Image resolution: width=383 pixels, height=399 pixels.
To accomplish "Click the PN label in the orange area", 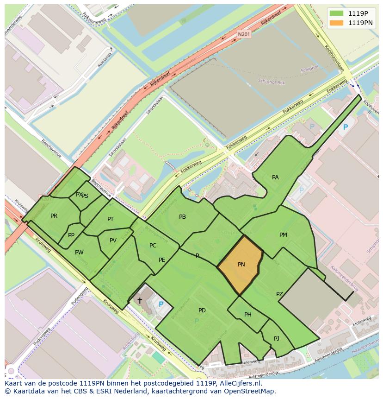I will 241,265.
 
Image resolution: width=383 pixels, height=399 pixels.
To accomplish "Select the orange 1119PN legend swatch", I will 337,23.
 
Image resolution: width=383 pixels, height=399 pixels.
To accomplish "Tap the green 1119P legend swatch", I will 337,13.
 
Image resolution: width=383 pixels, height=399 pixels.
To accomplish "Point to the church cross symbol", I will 140,301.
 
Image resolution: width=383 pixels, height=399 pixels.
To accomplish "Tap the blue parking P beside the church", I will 161,304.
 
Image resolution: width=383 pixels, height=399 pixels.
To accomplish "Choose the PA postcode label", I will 275,177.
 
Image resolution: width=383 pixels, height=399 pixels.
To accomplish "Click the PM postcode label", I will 283,235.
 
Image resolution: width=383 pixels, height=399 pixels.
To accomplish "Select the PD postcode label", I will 202,310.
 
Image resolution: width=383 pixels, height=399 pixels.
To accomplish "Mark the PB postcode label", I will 182,217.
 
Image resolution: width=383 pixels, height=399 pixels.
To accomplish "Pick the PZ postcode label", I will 279,294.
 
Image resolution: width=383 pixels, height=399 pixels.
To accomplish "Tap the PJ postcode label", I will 277,338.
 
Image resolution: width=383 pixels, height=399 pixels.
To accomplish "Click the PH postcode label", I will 248,315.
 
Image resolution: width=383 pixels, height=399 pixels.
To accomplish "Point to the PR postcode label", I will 54,216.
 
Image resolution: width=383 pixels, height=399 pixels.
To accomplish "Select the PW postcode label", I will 79,253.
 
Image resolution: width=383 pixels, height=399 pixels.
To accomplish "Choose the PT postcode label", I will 111,219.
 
